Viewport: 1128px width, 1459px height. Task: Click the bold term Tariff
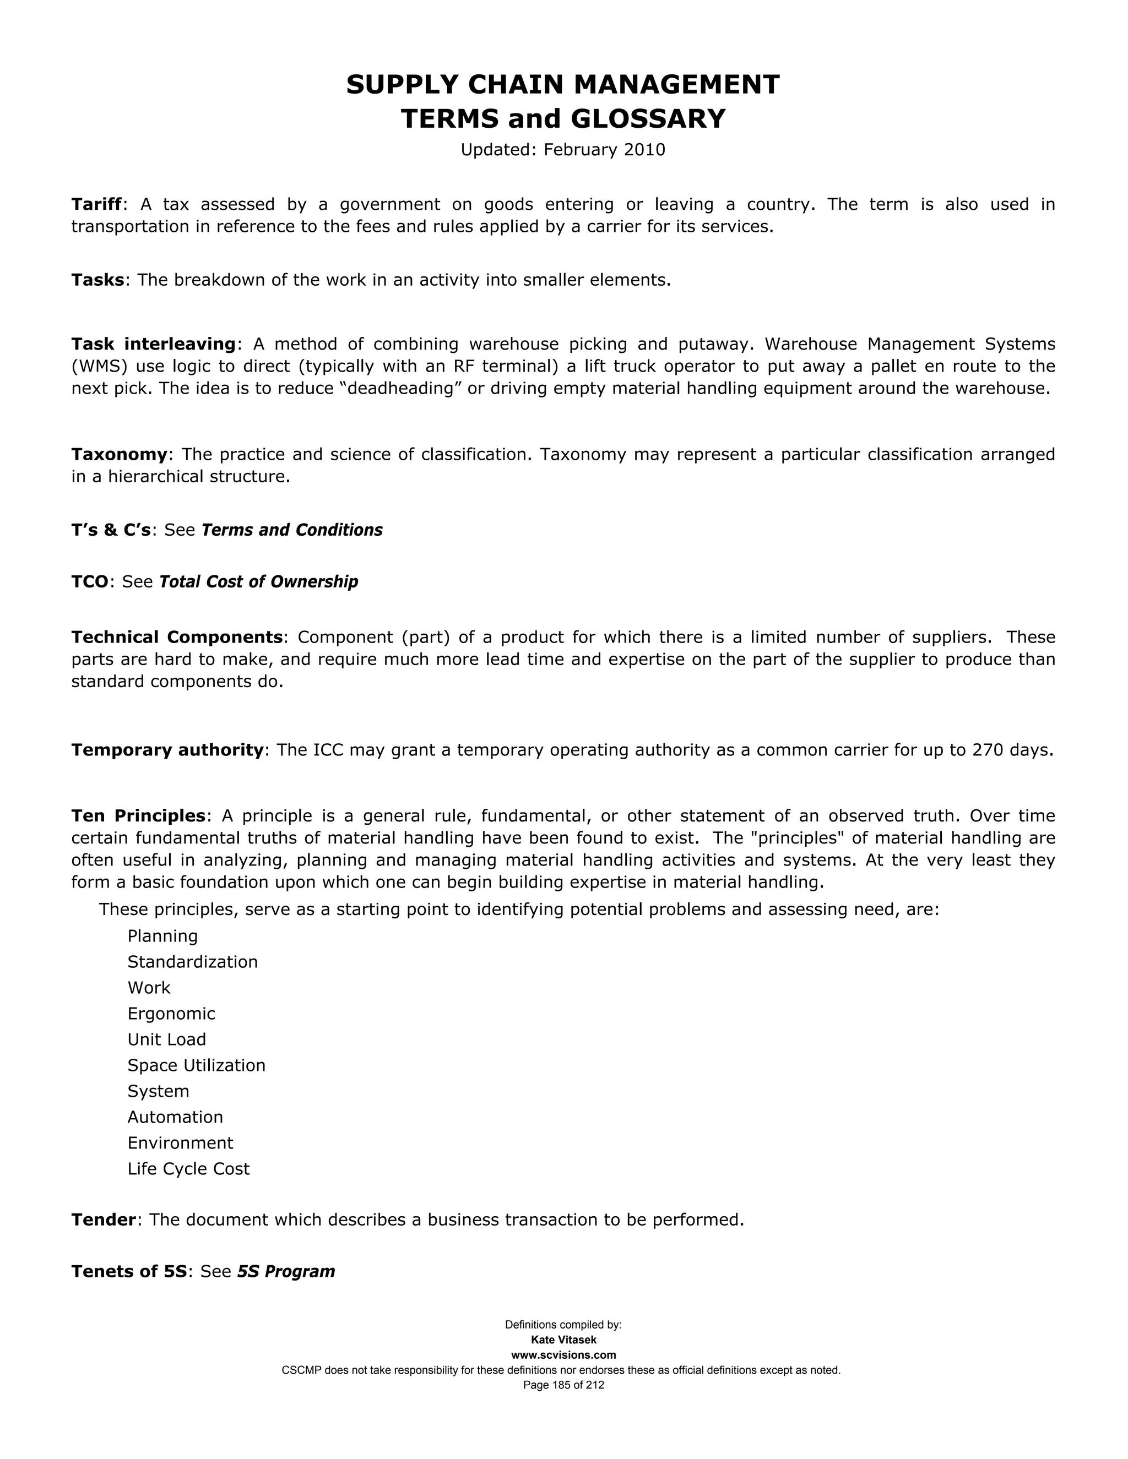click(97, 204)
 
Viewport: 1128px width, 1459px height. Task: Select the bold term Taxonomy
click(120, 454)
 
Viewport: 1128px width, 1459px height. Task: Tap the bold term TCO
click(90, 582)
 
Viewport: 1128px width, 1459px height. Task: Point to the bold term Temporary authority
click(167, 750)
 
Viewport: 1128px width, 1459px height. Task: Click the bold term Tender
click(104, 1220)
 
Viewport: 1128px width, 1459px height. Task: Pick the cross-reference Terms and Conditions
click(292, 530)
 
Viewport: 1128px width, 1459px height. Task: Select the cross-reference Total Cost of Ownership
click(259, 582)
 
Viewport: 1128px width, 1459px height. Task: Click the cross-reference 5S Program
click(286, 1271)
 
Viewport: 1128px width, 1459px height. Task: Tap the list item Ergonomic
click(172, 1014)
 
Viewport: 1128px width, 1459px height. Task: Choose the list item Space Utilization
click(197, 1065)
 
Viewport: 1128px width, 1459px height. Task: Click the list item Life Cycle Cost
click(188, 1168)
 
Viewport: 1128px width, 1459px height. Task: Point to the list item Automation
click(175, 1117)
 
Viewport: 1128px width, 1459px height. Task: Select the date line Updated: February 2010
click(563, 150)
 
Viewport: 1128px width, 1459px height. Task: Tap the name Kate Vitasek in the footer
click(563, 1340)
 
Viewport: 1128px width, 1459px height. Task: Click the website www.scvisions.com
click(563, 1355)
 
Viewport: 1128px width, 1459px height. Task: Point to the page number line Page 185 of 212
click(563, 1385)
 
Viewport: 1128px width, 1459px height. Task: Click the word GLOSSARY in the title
click(648, 119)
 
